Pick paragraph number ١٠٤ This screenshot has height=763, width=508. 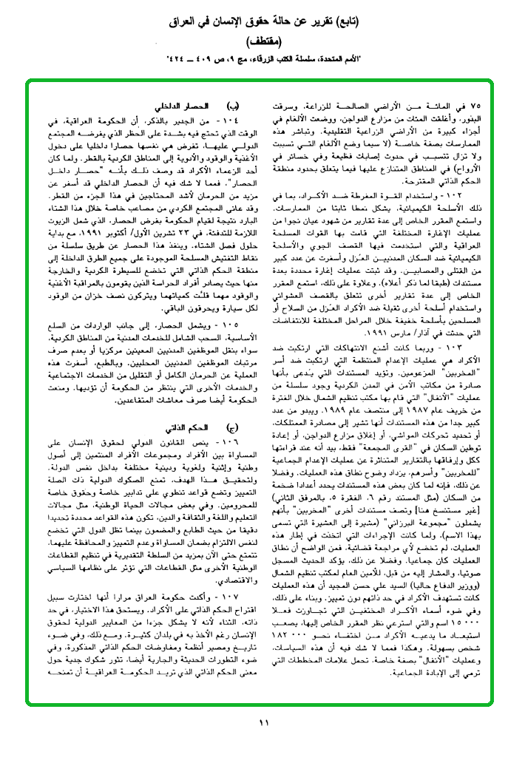pos(222,119)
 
